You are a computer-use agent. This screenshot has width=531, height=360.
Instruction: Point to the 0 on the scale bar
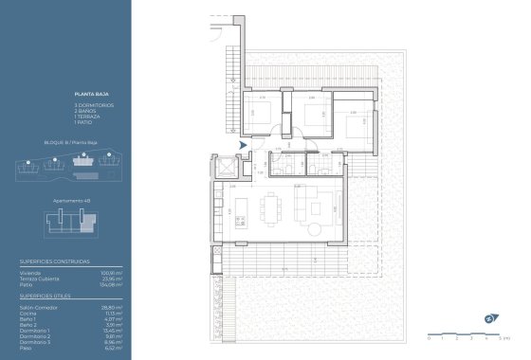pyautogui.click(x=429, y=337)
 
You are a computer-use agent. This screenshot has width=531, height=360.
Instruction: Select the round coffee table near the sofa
pyautogui.click(x=314, y=227)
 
